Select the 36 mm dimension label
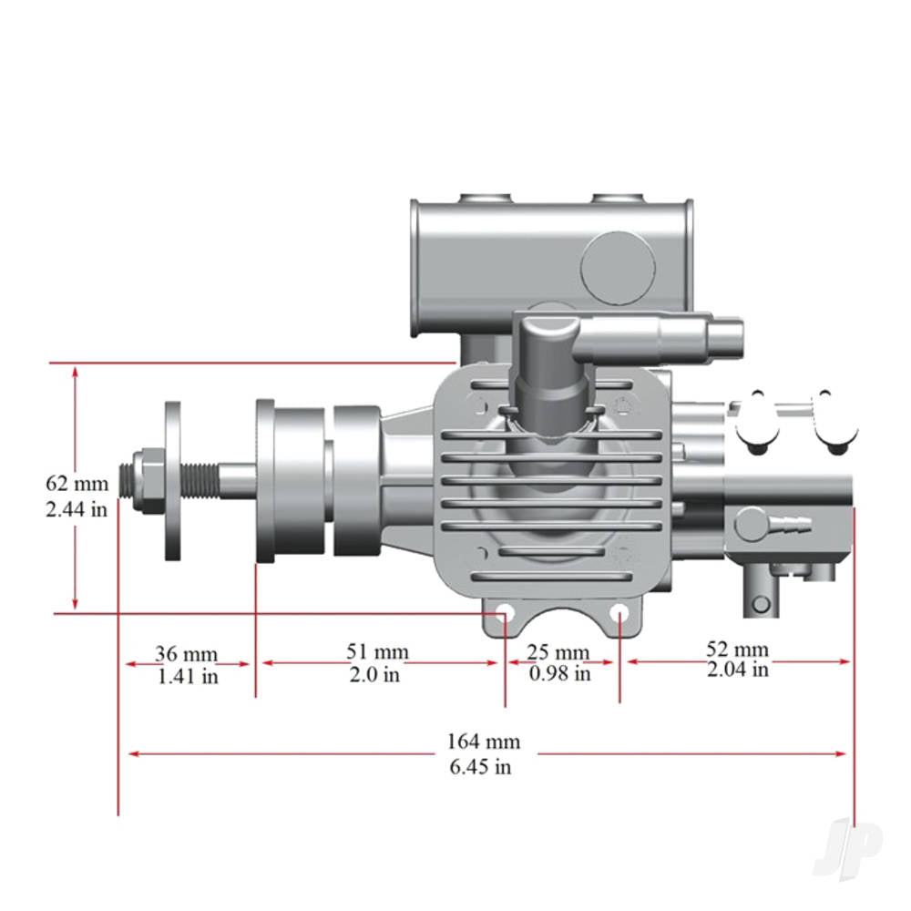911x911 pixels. pos(186,654)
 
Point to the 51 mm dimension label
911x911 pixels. pos(377,652)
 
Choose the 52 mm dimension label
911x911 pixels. pos(738,650)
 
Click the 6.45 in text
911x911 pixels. pos(480,766)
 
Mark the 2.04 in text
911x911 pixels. pos(738,670)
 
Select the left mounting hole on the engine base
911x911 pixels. pos(502,612)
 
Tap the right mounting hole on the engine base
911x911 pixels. pos(619,612)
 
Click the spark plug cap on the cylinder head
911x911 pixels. pos(549,360)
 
